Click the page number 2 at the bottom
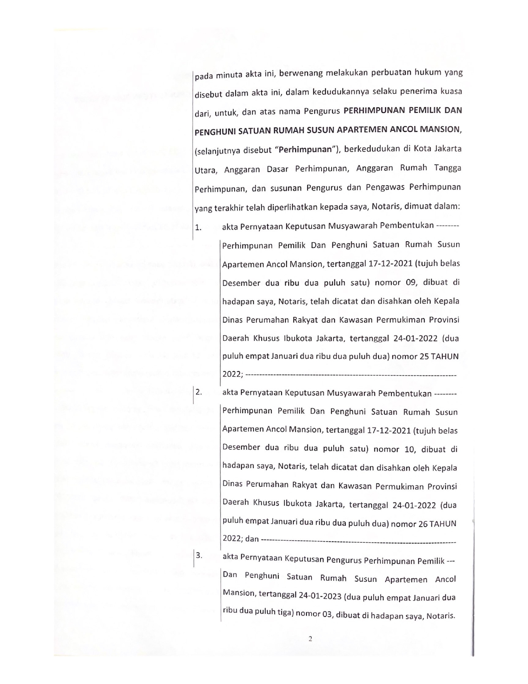pyautogui.click(x=310, y=638)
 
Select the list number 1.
pyautogui.click(x=198, y=227)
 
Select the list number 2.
pyautogui.click(x=198, y=392)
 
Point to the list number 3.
pyautogui.click(x=199, y=555)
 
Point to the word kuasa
pyautogui.click(x=451, y=92)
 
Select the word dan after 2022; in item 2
pyautogui.click(x=252, y=539)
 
